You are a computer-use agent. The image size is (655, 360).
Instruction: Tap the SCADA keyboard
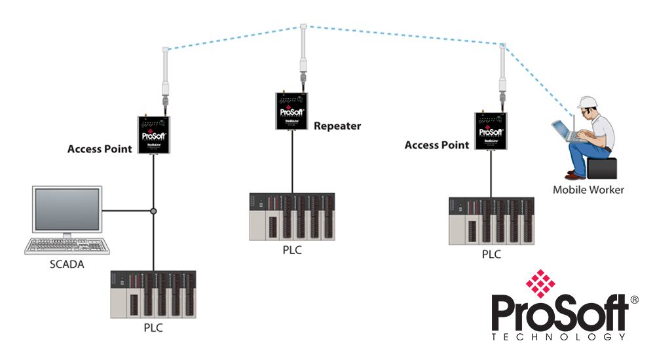66,246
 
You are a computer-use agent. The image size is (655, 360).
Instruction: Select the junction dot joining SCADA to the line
154,211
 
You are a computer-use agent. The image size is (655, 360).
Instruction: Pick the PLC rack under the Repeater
291,216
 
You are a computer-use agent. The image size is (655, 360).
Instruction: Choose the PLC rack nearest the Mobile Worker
491,220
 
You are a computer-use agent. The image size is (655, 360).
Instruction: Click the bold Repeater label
337,126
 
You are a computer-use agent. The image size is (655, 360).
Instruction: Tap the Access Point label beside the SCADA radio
100,149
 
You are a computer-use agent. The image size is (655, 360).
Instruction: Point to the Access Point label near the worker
437,145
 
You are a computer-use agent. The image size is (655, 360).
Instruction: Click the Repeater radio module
292,111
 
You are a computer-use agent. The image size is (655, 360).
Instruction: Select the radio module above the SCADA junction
154,135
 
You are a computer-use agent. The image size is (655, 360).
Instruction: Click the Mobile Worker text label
588,190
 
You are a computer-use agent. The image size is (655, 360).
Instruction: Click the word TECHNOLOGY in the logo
557,336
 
